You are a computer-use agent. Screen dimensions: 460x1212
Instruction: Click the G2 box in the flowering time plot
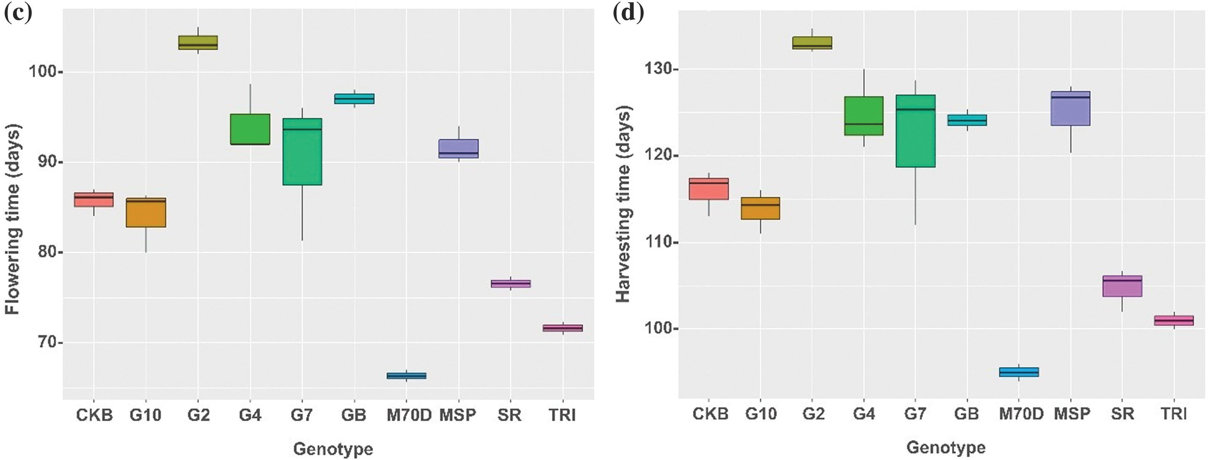[197, 42]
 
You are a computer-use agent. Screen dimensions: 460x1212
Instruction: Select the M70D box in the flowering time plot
[406, 375]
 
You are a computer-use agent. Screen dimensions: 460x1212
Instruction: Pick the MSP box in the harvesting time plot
[1070, 108]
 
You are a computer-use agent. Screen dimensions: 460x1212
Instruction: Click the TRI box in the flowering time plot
[562, 328]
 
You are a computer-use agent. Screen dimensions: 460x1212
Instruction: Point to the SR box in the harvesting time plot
[1122, 286]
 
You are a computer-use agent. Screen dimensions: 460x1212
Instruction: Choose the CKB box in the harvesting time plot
[709, 189]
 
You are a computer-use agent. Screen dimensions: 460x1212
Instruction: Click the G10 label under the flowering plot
[146, 415]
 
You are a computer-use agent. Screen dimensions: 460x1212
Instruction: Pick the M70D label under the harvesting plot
[1021, 414]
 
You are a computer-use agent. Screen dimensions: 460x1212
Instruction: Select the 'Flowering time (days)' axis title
[13, 219]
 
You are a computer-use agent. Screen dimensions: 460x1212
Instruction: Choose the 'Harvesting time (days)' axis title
[623, 204]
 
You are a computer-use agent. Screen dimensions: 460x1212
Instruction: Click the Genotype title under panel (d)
[946, 447]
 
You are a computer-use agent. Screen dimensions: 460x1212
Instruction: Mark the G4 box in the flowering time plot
[250, 129]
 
